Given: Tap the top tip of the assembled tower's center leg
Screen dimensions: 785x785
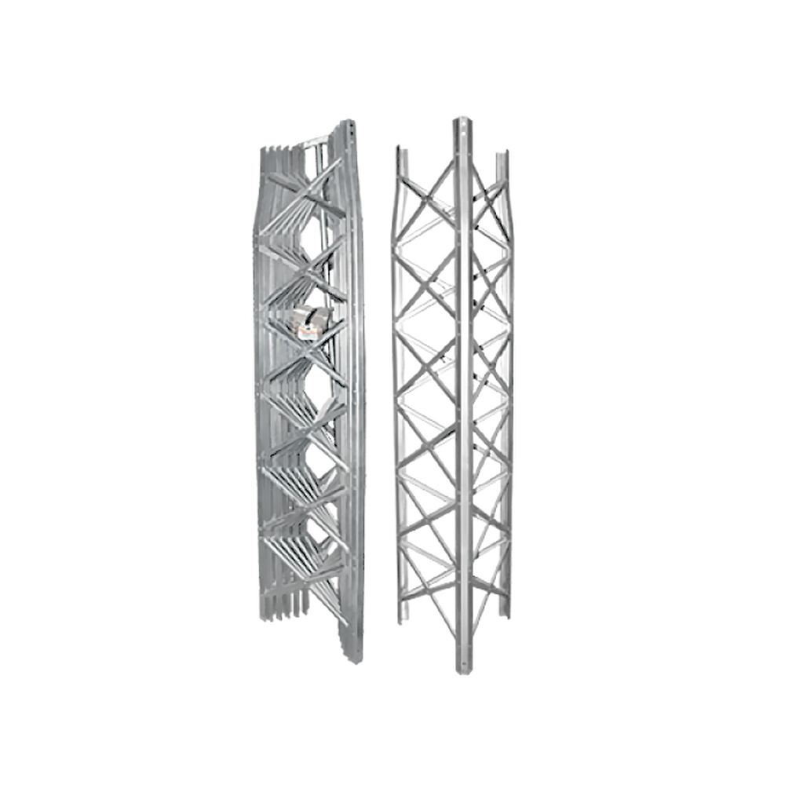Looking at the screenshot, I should coord(462,117).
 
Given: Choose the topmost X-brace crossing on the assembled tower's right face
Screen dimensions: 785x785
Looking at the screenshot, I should coord(490,206).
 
